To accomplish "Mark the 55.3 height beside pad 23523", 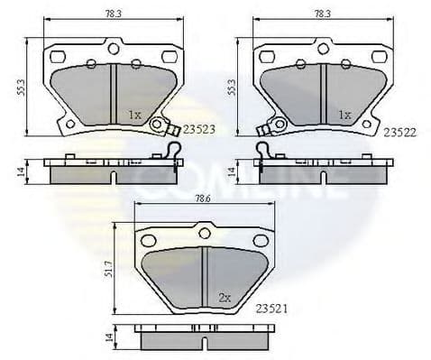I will tap(19, 85).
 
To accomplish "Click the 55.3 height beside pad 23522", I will tap(232, 85).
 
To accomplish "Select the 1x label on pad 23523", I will tap(134, 115).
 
